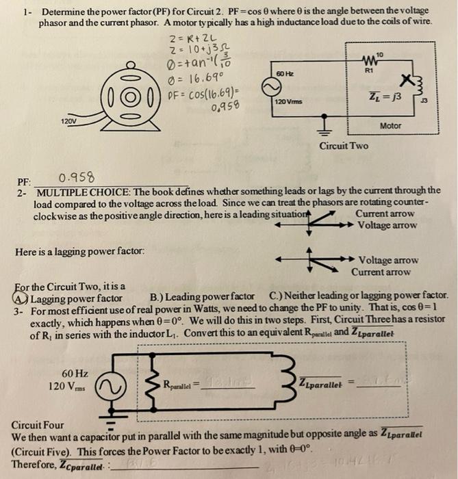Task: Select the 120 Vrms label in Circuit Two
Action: tap(288, 101)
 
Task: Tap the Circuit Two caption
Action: tap(343, 146)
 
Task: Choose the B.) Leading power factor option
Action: tap(205, 298)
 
